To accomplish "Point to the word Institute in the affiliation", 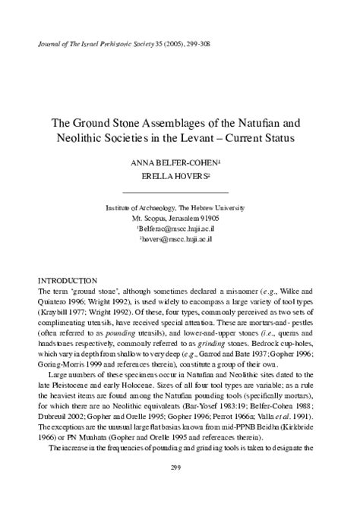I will click(125, 206).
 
